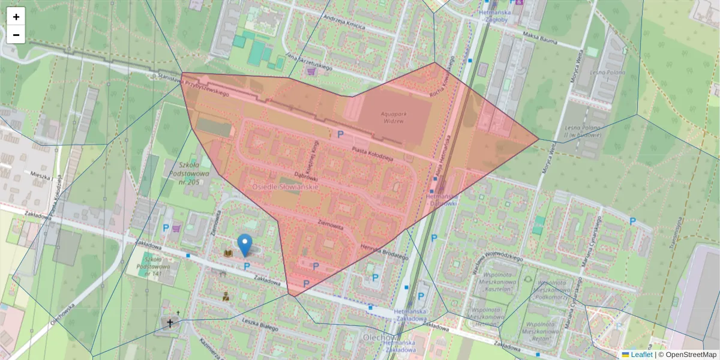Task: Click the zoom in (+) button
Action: [16, 17]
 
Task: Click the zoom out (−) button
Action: [16, 35]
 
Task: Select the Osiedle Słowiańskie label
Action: [281, 187]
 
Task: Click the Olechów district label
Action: [379, 337]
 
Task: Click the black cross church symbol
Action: [170, 323]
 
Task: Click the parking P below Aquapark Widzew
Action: [340, 134]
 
